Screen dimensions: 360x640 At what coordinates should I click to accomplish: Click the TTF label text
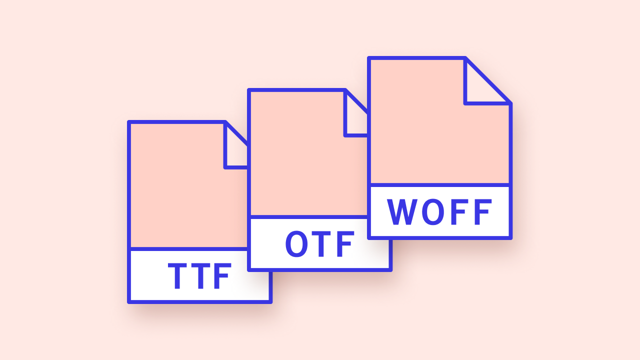(x=200, y=276)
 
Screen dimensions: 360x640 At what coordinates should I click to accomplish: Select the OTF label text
(x=319, y=244)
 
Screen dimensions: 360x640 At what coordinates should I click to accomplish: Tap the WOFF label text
(x=440, y=212)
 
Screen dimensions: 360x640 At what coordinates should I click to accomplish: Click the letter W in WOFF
(x=403, y=212)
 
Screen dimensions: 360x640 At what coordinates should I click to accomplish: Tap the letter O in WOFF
(x=432, y=212)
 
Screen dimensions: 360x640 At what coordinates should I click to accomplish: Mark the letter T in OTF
(x=321, y=244)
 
